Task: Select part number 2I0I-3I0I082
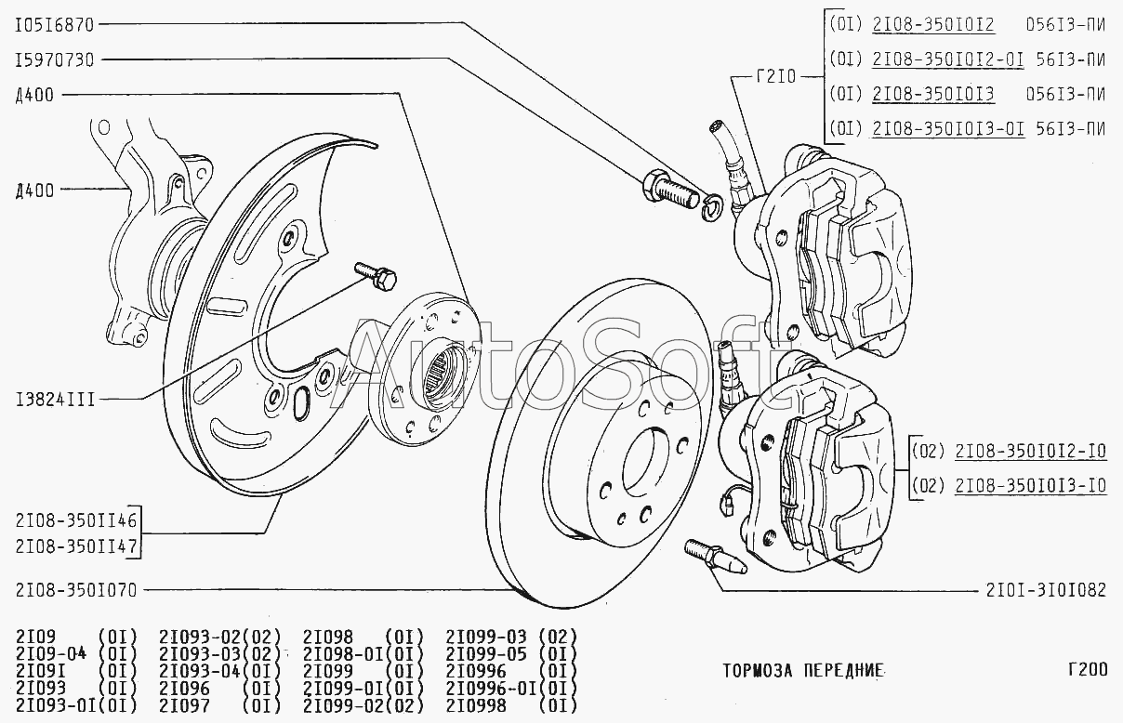(1047, 589)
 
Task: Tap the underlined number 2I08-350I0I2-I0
(1031, 453)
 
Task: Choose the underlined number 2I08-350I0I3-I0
(1031, 484)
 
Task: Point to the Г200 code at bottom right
(1087, 669)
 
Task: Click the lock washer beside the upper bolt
(710, 207)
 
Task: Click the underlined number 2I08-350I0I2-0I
(948, 59)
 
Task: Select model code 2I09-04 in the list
(51, 654)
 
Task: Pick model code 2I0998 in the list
(478, 704)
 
